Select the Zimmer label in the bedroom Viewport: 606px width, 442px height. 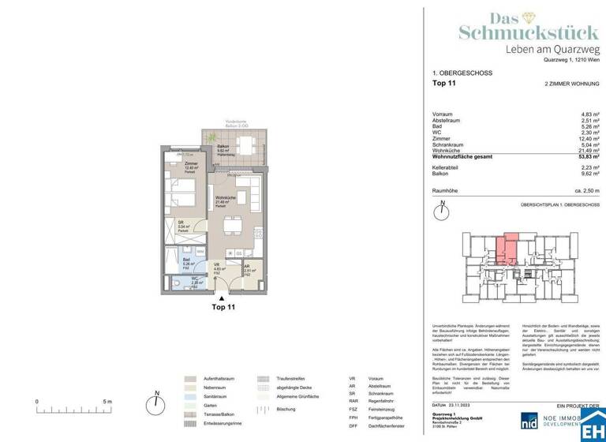coord(169,164)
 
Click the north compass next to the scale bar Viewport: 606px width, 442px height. coord(157,396)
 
